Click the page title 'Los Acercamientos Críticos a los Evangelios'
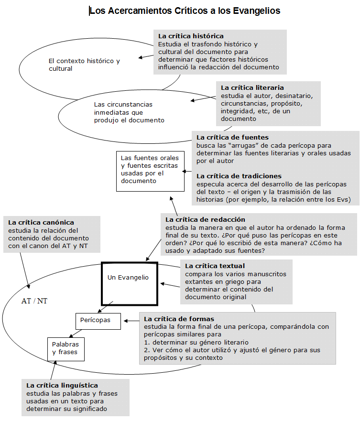185,11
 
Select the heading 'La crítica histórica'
191,36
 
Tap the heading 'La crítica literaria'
252,87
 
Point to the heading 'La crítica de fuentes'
232,137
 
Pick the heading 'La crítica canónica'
41,222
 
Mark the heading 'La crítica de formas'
179,319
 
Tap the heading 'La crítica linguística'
62,385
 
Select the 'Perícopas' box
96,320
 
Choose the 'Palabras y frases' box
66,348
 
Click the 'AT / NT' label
34,302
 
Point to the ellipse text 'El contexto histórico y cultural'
84,65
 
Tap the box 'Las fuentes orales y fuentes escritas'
149,169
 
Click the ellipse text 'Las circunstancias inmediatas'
129,112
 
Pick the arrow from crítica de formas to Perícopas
131,321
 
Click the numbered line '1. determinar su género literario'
196,343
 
